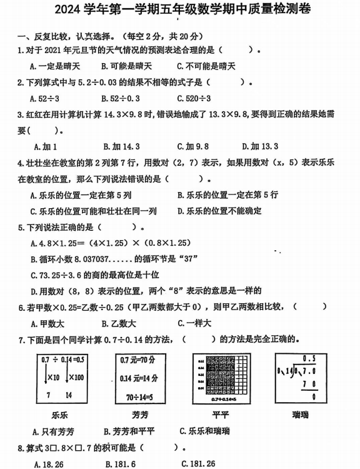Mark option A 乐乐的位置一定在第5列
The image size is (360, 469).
point(81,194)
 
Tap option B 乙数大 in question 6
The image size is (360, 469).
point(119,323)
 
